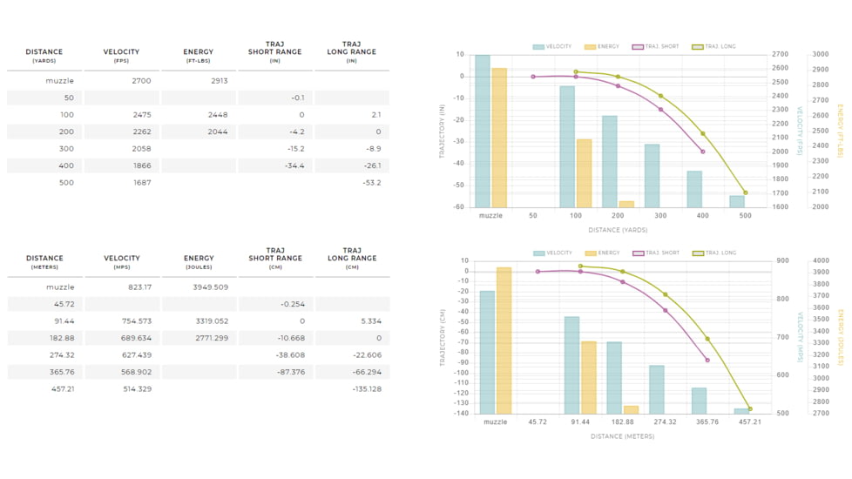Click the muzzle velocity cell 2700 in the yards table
click(x=141, y=81)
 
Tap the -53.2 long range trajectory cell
click(x=371, y=183)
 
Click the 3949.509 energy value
click(x=211, y=287)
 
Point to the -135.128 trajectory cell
click(x=367, y=389)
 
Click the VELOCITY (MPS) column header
click(x=122, y=262)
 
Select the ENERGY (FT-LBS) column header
click(x=199, y=56)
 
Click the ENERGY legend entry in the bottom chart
click(x=603, y=253)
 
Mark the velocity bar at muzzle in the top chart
click(x=483, y=131)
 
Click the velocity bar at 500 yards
click(x=737, y=201)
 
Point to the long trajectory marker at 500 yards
click(x=746, y=192)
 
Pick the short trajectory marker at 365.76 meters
click(x=707, y=360)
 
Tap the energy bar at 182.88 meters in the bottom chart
click(x=632, y=409)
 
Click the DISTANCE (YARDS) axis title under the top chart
click(x=618, y=230)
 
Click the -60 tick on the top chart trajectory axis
click(x=459, y=206)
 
